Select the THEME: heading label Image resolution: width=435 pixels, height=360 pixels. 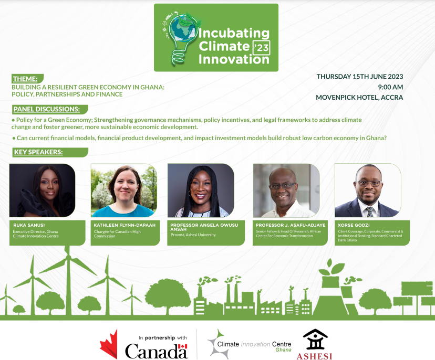(x=25, y=79)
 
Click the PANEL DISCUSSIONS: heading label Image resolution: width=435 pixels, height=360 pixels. (x=47, y=109)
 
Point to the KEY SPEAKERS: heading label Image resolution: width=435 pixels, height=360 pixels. (x=38, y=152)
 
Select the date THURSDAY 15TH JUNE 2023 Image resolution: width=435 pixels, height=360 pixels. (x=360, y=77)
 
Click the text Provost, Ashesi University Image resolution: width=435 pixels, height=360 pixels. (x=193, y=235)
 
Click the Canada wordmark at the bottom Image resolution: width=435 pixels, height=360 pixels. (x=156, y=351)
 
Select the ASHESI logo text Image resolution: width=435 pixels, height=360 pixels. (x=315, y=354)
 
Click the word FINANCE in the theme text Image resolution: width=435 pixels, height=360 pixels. (x=110, y=94)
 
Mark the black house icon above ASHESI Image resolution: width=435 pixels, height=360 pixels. (x=315, y=338)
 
